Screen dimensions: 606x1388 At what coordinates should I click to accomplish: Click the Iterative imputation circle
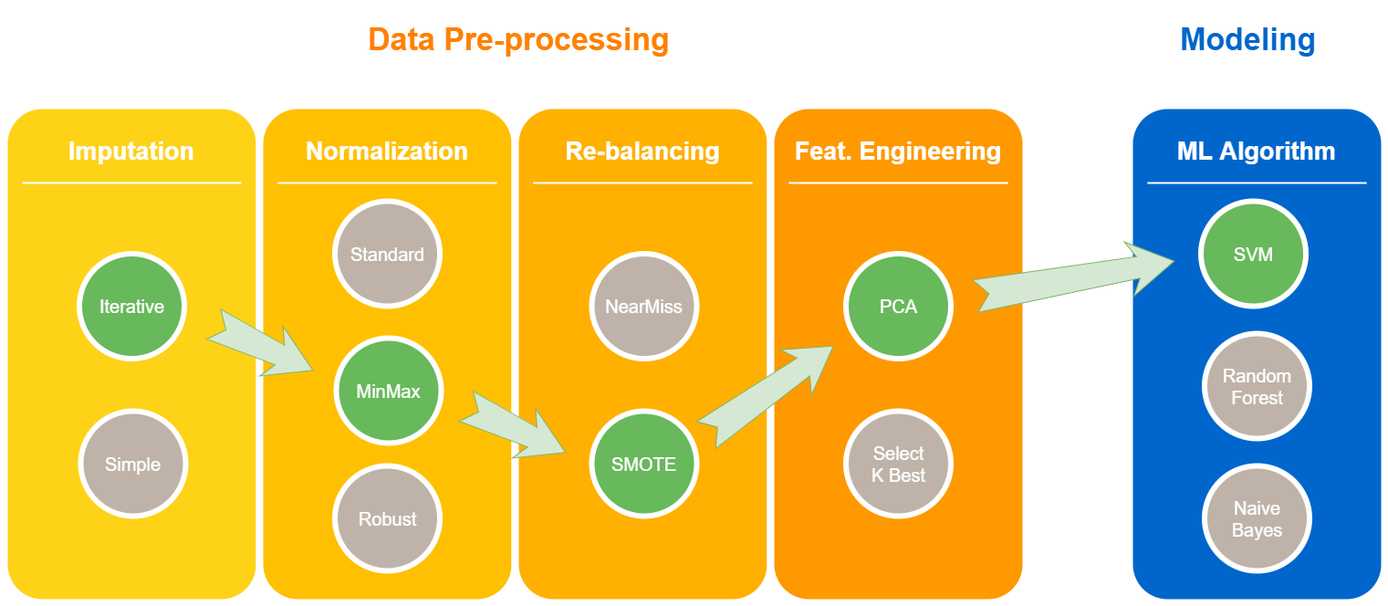(x=131, y=307)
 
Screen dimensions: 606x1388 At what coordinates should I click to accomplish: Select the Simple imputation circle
(x=132, y=465)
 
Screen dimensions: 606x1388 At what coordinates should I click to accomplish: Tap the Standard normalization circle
(x=387, y=255)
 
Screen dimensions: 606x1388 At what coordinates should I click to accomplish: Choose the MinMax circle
(x=388, y=392)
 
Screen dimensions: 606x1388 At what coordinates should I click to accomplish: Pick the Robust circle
(x=387, y=519)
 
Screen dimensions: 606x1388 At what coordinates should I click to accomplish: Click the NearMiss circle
(x=643, y=307)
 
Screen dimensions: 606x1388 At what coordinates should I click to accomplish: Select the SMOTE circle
(x=643, y=465)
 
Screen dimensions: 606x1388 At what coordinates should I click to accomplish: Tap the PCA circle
(x=898, y=307)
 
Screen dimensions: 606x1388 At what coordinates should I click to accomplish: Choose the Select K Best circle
(x=898, y=465)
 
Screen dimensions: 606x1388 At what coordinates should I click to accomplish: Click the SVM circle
(x=1253, y=255)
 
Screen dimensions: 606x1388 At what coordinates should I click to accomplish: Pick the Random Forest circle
(x=1257, y=387)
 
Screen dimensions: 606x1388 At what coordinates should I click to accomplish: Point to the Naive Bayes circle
(x=1257, y=519)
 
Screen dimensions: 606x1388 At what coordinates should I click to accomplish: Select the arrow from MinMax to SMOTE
(x=514, y=426)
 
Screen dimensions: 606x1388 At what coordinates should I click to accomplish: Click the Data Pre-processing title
(x=518, y=40)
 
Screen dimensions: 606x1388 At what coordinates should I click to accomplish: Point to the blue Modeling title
(x=1247, y=40)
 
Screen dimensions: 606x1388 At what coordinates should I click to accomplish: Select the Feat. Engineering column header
(x=898, y=151)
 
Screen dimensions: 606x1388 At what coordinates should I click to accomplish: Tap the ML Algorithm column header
(x=1256, y=151)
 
